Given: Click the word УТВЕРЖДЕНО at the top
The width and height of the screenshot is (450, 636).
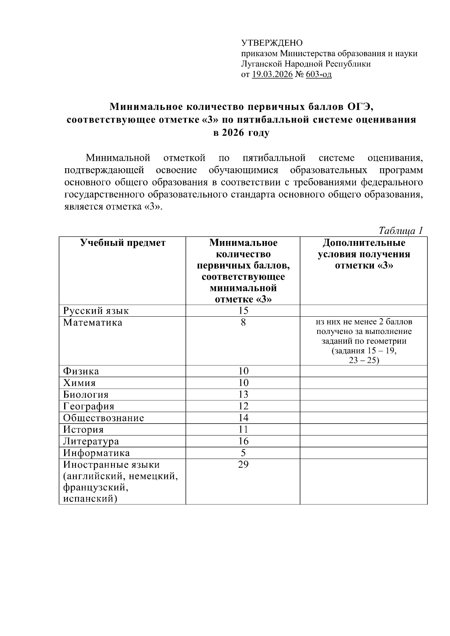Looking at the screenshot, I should [x=271, y=43].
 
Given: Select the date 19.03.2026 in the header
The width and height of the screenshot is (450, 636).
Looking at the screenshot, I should [x=272, y=75].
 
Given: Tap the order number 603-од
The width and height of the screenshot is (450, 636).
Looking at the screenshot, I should [x=319, y=75].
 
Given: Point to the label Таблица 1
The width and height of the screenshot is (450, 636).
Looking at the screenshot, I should [x=401, y=230].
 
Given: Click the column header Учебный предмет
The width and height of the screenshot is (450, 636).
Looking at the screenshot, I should [x=123, y=243].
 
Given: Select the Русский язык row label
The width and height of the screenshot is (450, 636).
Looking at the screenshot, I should [x=96, y=311].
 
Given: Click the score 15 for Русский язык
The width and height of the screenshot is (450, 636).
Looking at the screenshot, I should [x=243, y=310].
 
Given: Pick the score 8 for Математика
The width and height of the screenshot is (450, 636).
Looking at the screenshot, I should [x=243, y=322].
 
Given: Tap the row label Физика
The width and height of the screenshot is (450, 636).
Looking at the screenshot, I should [x=81, y=371].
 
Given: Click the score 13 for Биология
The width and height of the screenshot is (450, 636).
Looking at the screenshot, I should [x=243, y=394].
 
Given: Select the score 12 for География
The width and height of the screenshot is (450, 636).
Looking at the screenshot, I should [x=243, y=406].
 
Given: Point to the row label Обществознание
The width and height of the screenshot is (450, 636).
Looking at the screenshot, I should [x=103, y=418].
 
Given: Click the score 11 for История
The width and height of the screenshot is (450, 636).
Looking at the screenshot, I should [x=243, y=429].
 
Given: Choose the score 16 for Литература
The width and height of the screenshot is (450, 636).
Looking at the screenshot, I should [x=243, y=441].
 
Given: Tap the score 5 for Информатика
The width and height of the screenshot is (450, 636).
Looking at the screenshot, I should [x=243, y=453].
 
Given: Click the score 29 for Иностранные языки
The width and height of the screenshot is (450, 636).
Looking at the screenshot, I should [x=243, y=465].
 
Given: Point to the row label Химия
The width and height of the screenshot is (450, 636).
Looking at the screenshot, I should [x=79, y=383].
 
